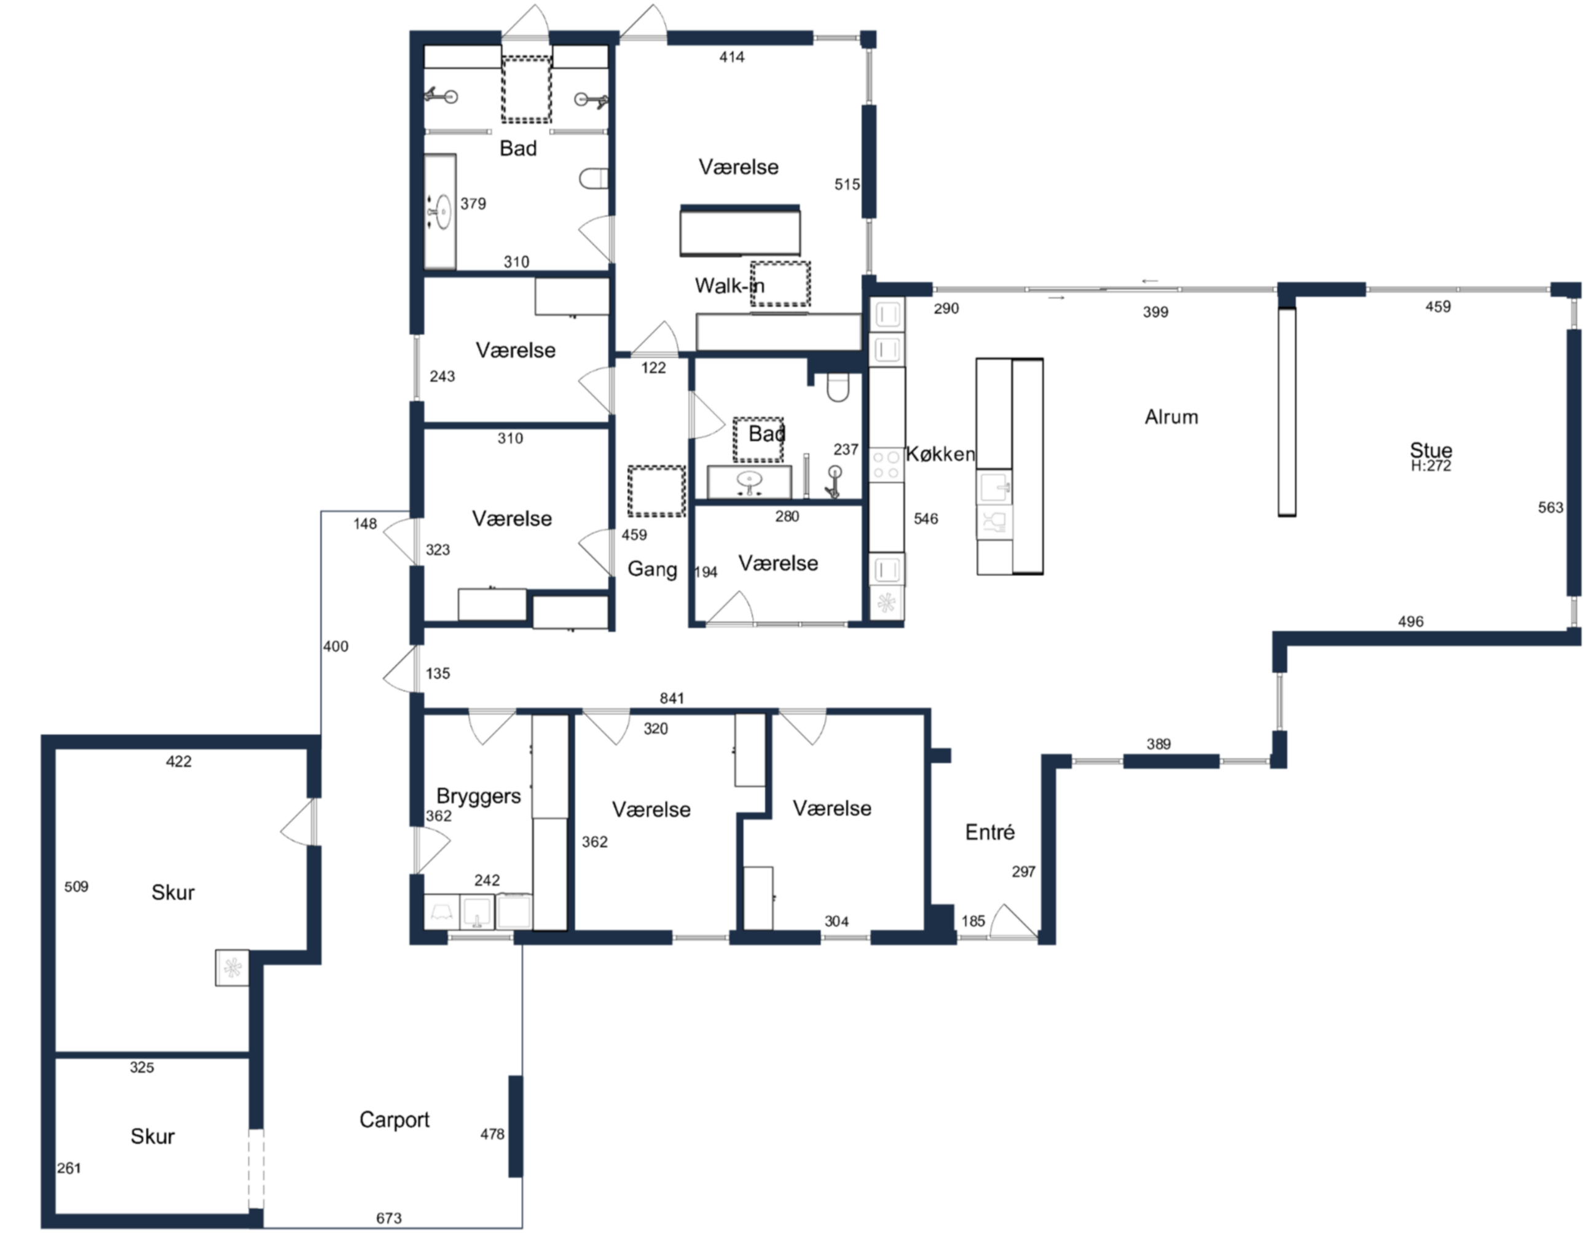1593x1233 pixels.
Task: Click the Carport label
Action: click(394, 1120)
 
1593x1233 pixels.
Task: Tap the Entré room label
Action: click(990, 832)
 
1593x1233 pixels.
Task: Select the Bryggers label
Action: click(479, 796)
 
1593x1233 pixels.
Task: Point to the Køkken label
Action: click(940, 454)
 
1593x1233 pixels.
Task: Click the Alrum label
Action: click(1171, 417)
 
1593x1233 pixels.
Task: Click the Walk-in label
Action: click(730, 286)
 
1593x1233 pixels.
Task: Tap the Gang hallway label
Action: click(652, 570)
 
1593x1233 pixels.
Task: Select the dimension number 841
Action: click(672, 699)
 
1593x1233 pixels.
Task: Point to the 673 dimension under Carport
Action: click(389, 1218)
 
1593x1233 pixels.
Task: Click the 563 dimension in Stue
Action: click(1551, 507)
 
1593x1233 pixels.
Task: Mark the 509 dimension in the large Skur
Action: click(77, 887)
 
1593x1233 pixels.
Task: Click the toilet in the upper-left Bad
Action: click(594, 179)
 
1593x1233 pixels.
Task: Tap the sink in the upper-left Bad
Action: click(441, 212)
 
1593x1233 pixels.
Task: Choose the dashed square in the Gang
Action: click(656, 491)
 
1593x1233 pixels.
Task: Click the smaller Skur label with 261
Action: click(152, 1137)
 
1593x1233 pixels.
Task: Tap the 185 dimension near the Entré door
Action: click(973, 921)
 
